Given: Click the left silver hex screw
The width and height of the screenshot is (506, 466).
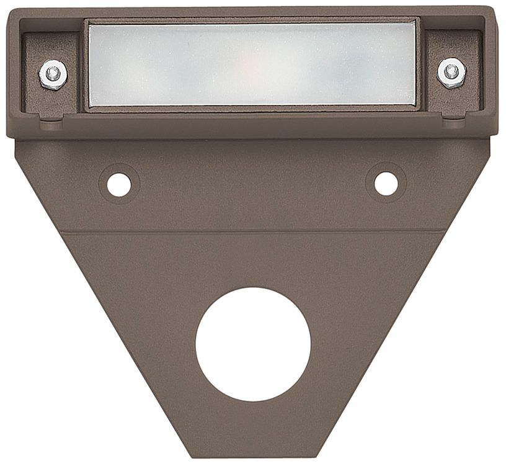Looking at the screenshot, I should click(53, 73).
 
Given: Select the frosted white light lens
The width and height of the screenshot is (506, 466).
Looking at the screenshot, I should click(251, 65).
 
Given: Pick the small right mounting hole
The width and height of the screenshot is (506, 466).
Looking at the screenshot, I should click(386, 182).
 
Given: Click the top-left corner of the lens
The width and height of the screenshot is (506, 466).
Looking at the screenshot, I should click(89, 25).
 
